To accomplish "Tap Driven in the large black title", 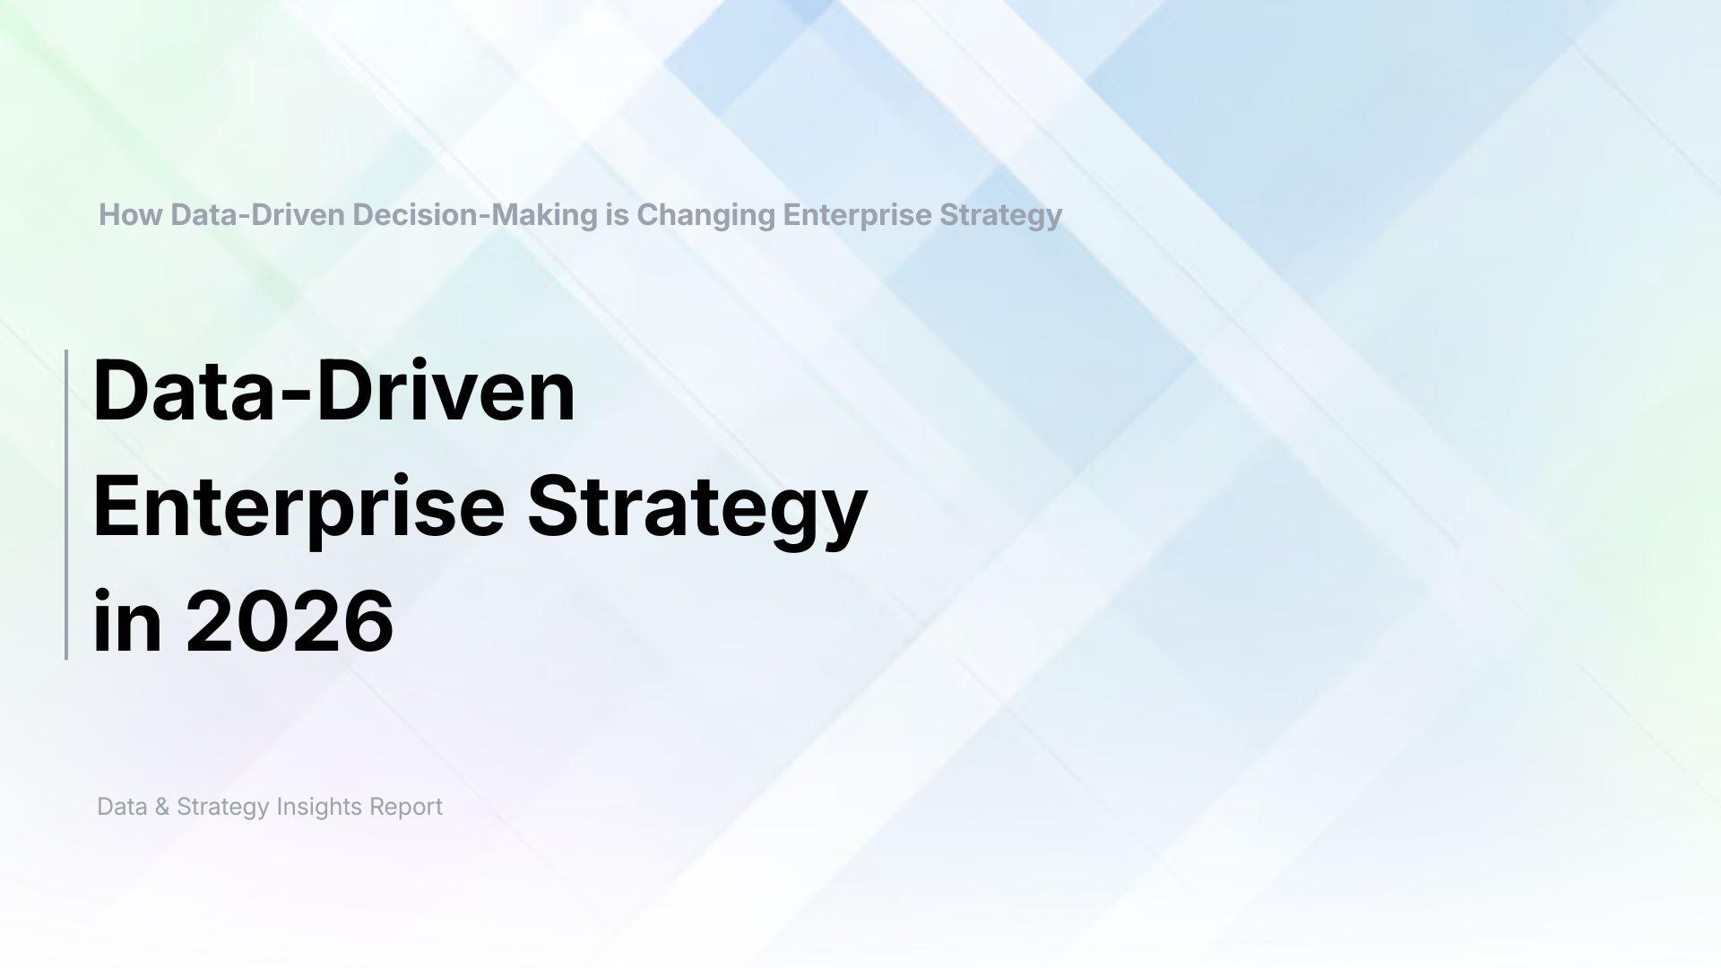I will click(x=445, y=392).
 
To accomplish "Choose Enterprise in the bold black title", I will click(x=298, y=508).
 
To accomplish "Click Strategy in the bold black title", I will click(x=696, y=508).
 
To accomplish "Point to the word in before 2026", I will click(x=127, y=621).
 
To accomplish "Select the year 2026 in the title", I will click(x=290, y=621).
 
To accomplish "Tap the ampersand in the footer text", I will click(x=162, y=807).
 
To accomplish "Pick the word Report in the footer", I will click(x=406, y=807).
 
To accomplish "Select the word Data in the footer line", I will click(x=122, y=807).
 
